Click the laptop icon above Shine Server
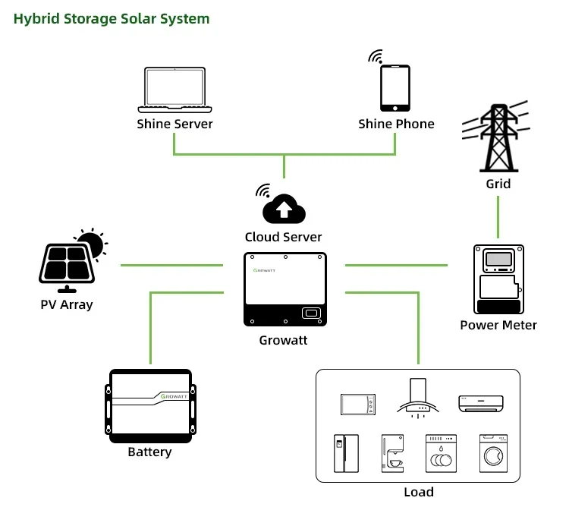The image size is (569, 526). click(174, 90)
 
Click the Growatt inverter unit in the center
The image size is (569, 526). click(285, 289)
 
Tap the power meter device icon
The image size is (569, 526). click(498, 279)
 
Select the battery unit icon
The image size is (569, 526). click(150, 406)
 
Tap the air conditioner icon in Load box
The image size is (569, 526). click(480, 402)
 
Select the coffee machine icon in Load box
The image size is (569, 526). click(392, 454)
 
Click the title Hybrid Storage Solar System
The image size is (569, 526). click(112, 19)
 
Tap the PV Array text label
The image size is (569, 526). click(67, 305)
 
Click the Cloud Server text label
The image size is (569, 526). click(283, 237)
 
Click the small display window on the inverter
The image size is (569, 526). click(311, 313)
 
